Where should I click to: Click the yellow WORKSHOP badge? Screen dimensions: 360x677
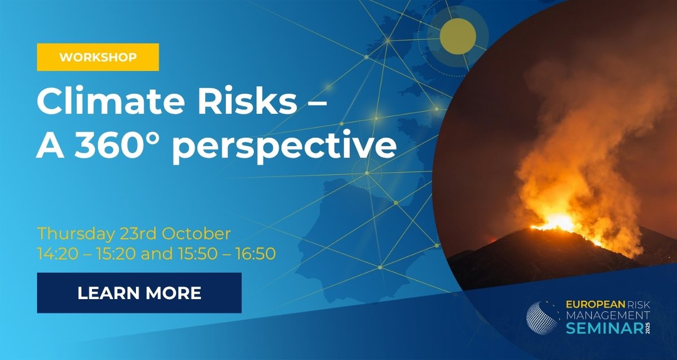(x=98, y=58)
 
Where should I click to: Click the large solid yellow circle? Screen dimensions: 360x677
(x=458, y=37)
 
